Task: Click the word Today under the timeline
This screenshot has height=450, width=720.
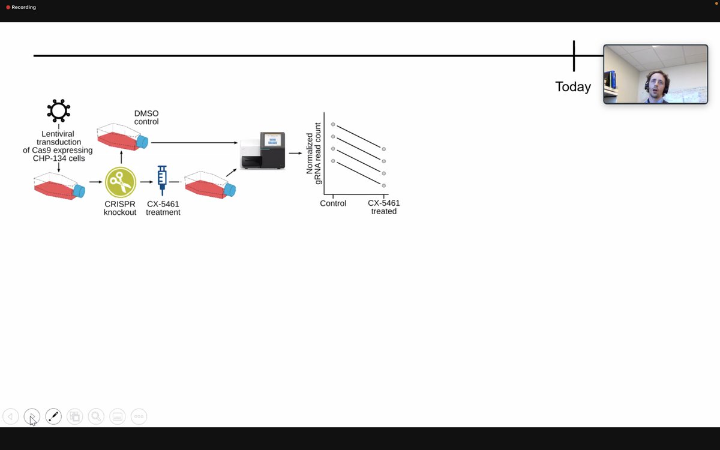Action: click(573, 87)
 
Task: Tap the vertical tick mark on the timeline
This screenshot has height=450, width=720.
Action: click(574, 56)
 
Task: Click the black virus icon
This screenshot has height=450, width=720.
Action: click(59, 110)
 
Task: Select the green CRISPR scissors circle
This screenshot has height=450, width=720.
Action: click(121, 182)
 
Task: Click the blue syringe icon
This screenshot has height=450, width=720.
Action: click(162, 181)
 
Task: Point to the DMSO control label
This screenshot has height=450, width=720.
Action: click(146, 118)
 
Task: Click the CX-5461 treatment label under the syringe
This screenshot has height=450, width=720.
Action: click(163, 208)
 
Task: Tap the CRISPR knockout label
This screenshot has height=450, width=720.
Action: click(120, 208)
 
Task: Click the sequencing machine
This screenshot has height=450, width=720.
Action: click(263, 151)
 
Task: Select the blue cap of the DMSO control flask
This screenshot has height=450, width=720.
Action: click(142, 142)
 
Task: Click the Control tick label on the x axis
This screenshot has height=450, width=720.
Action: click(333, 203)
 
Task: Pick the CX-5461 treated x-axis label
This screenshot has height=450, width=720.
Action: click(384, 208)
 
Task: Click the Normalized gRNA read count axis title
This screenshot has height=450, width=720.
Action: click(313, 154)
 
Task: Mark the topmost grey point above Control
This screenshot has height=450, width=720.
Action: click(333, 124)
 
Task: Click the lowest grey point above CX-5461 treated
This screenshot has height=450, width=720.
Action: click(384, 185)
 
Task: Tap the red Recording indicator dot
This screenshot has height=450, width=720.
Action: click(8, 7)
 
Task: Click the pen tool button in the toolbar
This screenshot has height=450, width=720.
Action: click(53, 416)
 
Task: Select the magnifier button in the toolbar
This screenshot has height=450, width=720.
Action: click(96, 416)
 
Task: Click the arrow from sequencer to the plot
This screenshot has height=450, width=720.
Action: click(295, 154)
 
